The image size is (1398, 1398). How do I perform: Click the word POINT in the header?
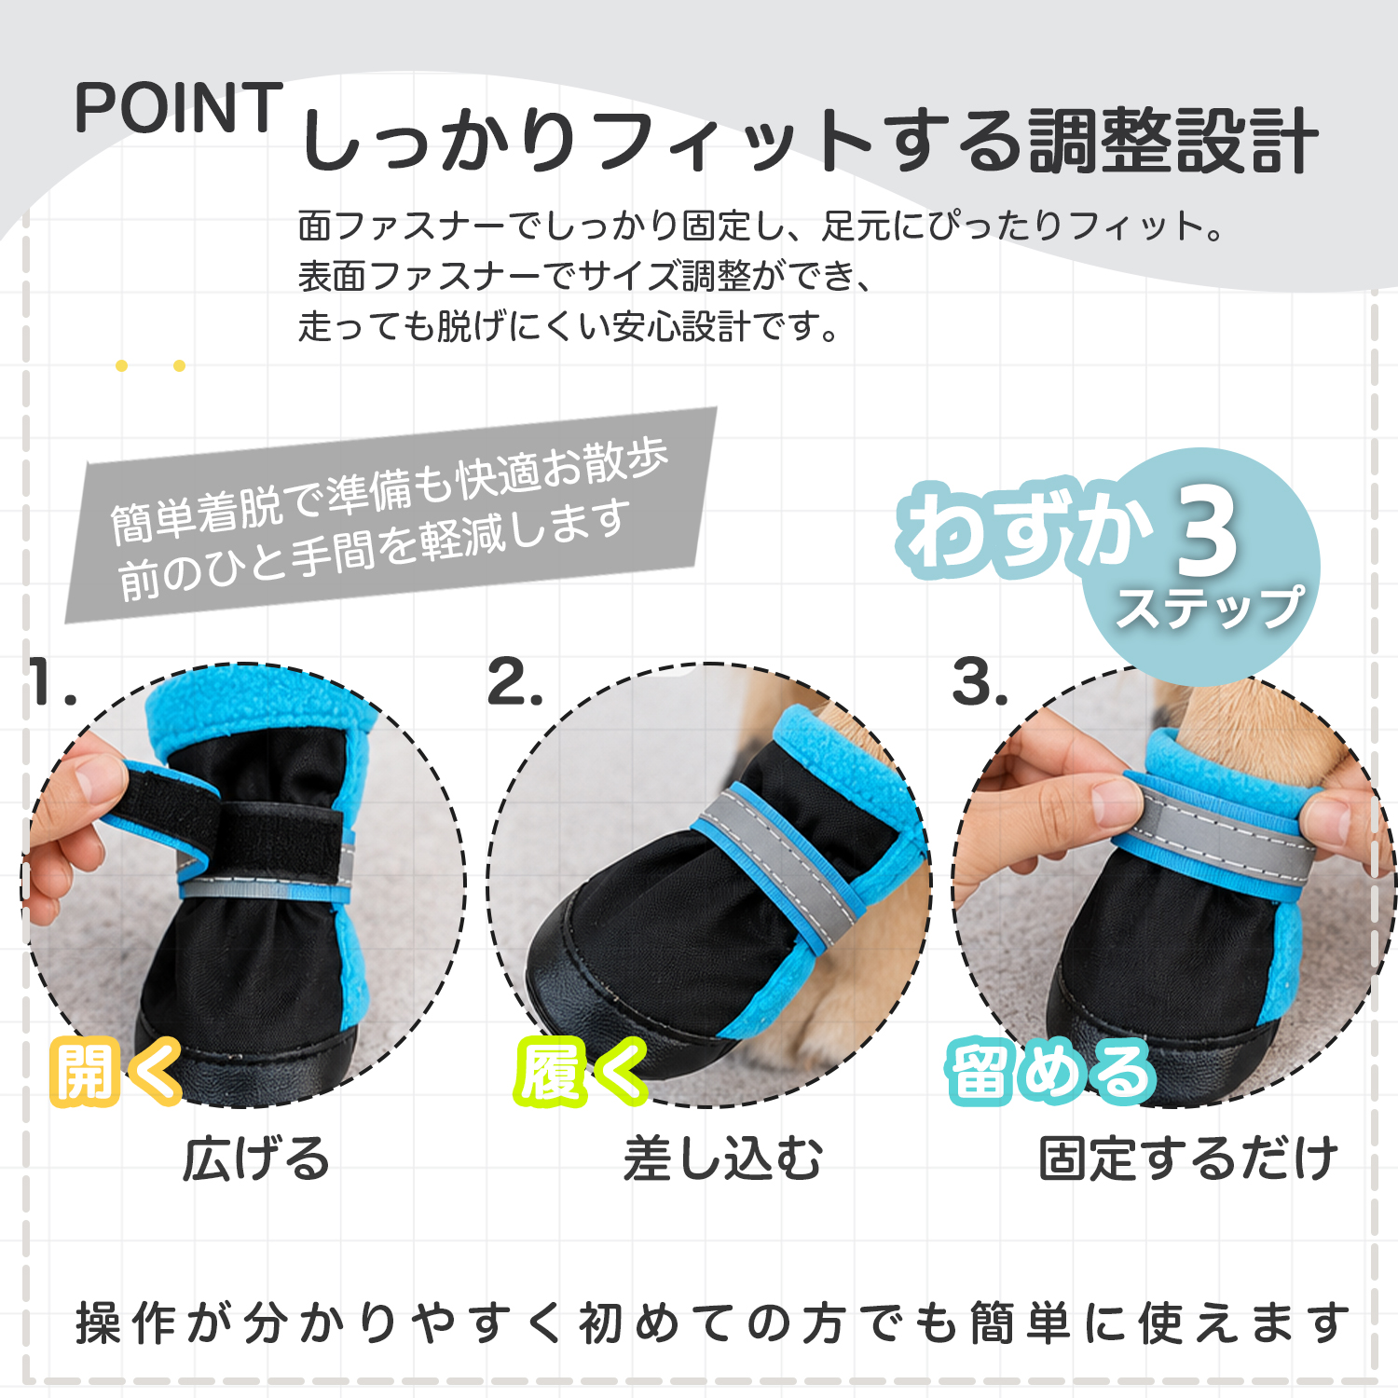point(178,108)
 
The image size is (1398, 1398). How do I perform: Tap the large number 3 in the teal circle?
point(1207,531)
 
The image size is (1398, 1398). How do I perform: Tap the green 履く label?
point(580,1072)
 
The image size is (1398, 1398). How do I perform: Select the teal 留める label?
point(1052,1072)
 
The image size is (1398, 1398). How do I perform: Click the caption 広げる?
point(256,1159)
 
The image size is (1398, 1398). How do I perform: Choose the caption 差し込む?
point(723,1159)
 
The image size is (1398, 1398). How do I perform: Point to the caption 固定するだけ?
point(1188,1159)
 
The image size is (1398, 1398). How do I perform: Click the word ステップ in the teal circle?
point(1210,608)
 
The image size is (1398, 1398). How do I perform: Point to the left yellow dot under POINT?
point(121,365)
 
